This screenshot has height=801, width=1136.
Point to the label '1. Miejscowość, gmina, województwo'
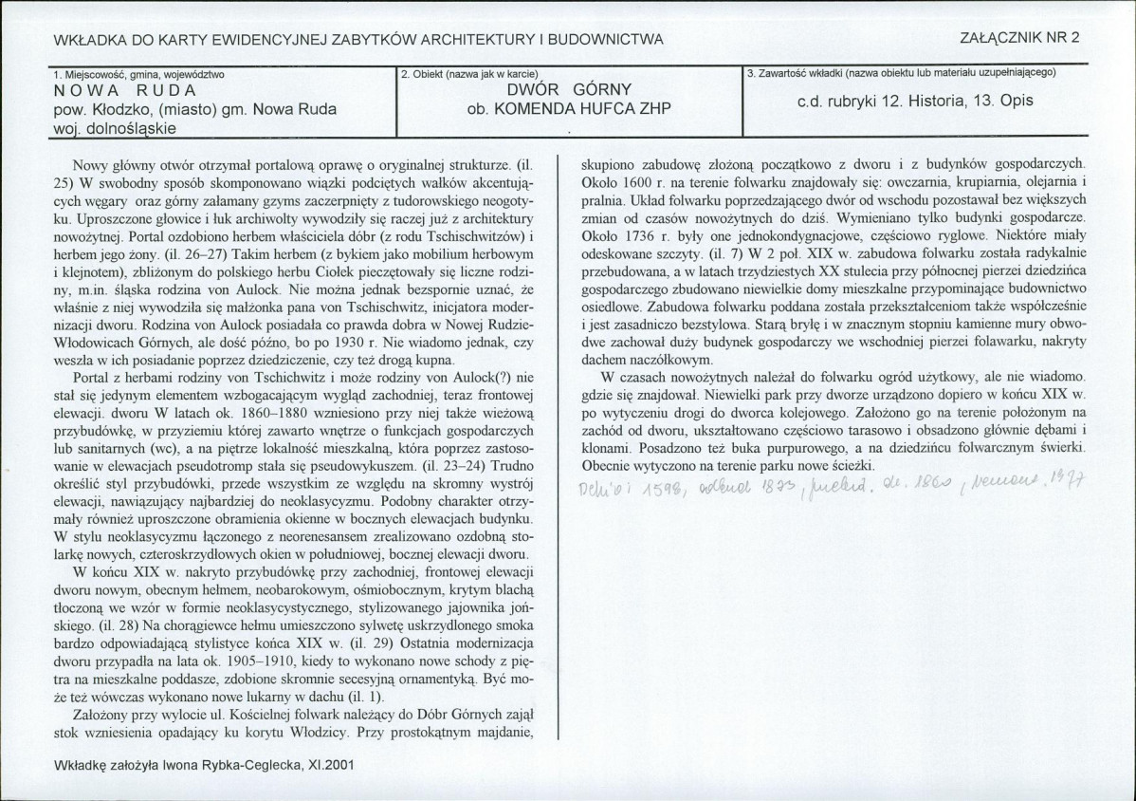click(x=133, y=73)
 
